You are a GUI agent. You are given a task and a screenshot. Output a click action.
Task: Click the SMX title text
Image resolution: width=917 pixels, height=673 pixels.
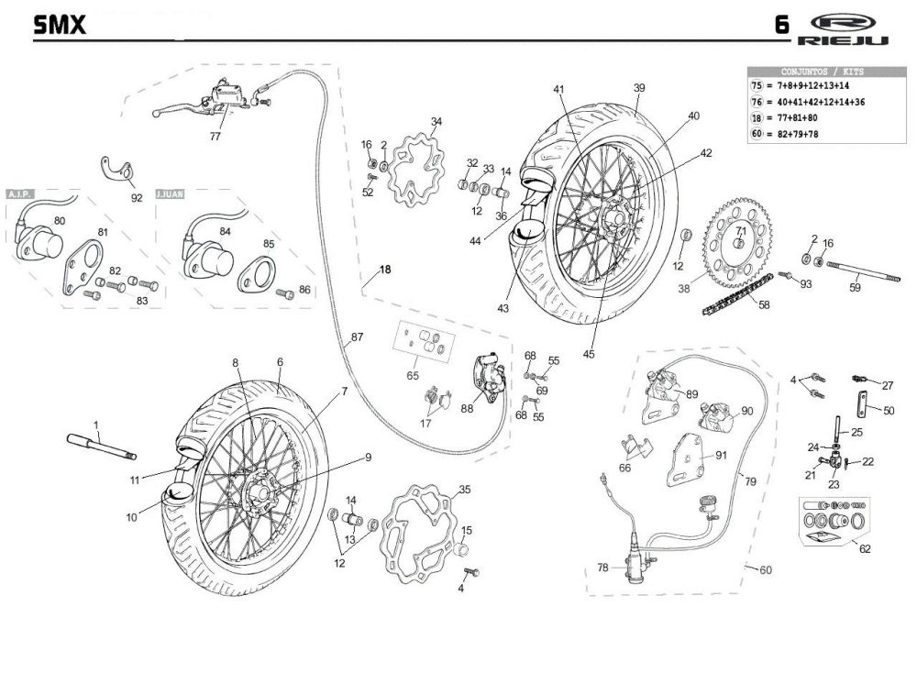(59, 25)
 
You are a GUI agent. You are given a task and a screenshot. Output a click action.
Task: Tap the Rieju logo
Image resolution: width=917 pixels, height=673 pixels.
(842, 29)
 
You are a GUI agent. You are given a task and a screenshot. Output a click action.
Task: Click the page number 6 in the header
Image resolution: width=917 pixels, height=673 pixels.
(781, 25)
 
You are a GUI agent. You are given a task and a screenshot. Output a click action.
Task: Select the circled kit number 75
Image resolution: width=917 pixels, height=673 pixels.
(757, 85)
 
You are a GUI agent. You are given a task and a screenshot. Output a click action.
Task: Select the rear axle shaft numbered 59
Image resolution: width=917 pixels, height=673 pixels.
(863, 272)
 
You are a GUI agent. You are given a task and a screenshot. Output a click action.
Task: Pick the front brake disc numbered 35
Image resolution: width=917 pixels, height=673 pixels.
(417, 533)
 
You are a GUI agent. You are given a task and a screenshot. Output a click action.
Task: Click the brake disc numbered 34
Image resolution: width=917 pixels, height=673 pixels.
(415, 169)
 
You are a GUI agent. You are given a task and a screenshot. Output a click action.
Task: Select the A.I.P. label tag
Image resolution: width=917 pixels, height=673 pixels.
(20, 193)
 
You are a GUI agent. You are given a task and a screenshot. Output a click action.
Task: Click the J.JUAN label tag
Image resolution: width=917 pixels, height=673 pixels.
(171, 193)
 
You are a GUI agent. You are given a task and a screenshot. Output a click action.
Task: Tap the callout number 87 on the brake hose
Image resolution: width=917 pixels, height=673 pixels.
(357, 336)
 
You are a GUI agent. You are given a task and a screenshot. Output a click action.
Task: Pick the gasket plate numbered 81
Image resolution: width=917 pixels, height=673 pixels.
(83, 267)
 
